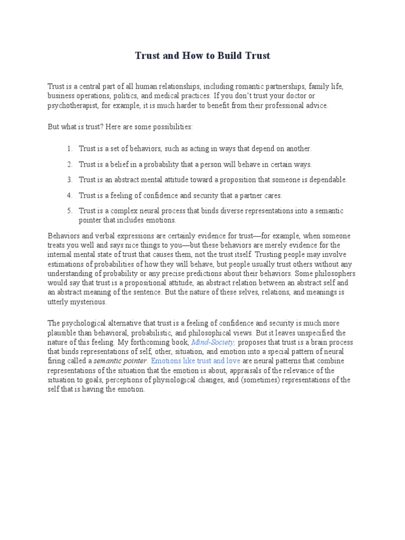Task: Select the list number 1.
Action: (x=69, y=149)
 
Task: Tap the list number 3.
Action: (x=69, y=180)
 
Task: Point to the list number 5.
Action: (x=69, y=211)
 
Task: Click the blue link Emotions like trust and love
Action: (x=196, y=361)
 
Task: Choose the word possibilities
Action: (x=168, y=128)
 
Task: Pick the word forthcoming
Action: (x=151, y=342)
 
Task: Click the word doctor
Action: (x=296, y=96)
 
